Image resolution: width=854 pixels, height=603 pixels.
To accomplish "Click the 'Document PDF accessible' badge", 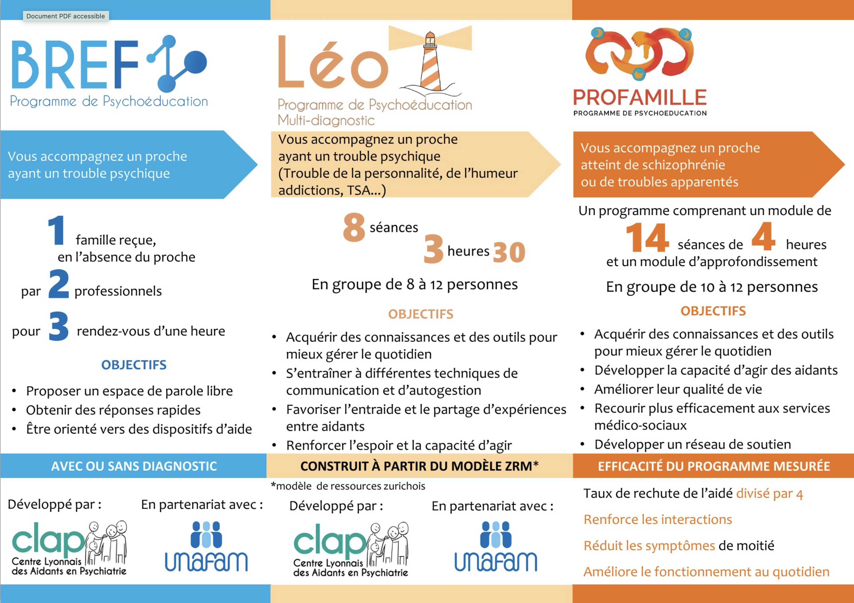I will tap(65, 16).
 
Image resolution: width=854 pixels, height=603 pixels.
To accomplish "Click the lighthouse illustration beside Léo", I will tap(430, 62).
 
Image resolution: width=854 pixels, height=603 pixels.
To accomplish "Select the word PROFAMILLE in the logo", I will tap(640, 97).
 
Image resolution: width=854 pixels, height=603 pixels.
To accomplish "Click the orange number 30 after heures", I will tap(509, 252).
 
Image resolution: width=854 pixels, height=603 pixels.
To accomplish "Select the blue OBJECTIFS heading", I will tap(134, 365).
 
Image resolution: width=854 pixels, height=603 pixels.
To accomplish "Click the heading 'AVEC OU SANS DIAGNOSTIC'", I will tap(134, 466).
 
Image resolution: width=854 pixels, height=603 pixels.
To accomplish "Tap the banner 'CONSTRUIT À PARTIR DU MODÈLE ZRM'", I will tap(419, 466).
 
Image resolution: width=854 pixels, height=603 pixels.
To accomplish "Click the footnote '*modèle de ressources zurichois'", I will tap(348, 486).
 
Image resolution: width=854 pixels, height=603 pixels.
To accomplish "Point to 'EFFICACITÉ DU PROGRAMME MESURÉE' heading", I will tap(713, 466).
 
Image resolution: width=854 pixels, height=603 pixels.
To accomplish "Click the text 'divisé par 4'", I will tap(769, 494).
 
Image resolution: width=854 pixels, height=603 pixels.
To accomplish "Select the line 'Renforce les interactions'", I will tap(657, 519).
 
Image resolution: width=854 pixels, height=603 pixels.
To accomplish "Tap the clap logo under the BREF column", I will tap(69, 548).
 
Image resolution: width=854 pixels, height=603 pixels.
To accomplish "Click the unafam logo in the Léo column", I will tap(495, 547).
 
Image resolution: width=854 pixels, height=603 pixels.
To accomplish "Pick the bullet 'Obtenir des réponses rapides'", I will tap(113, 410).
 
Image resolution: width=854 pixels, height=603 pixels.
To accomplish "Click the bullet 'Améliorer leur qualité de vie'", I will tap(678, 389).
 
